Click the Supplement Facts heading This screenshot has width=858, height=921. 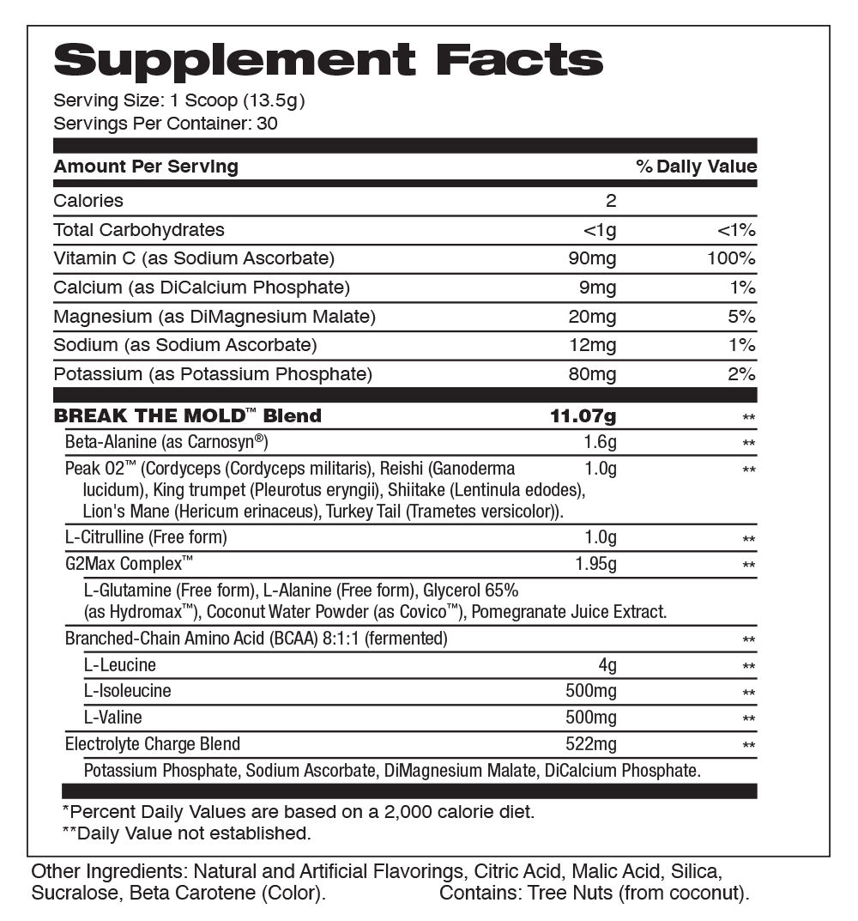(329, 60)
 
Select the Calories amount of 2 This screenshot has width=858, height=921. (611, 201)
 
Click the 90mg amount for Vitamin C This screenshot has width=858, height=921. (592, 258)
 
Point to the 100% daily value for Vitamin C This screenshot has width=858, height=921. (731, 258)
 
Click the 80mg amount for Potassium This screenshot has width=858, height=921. (592, 374)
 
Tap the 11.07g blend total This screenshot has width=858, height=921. (583, 416)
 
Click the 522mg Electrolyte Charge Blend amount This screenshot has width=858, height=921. (590, 744)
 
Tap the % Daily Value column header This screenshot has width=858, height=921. (696, 167)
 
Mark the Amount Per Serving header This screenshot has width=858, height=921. (146, 167)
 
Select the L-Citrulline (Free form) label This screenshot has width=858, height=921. (146, 538)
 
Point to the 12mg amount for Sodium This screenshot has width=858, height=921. (592, 346)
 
